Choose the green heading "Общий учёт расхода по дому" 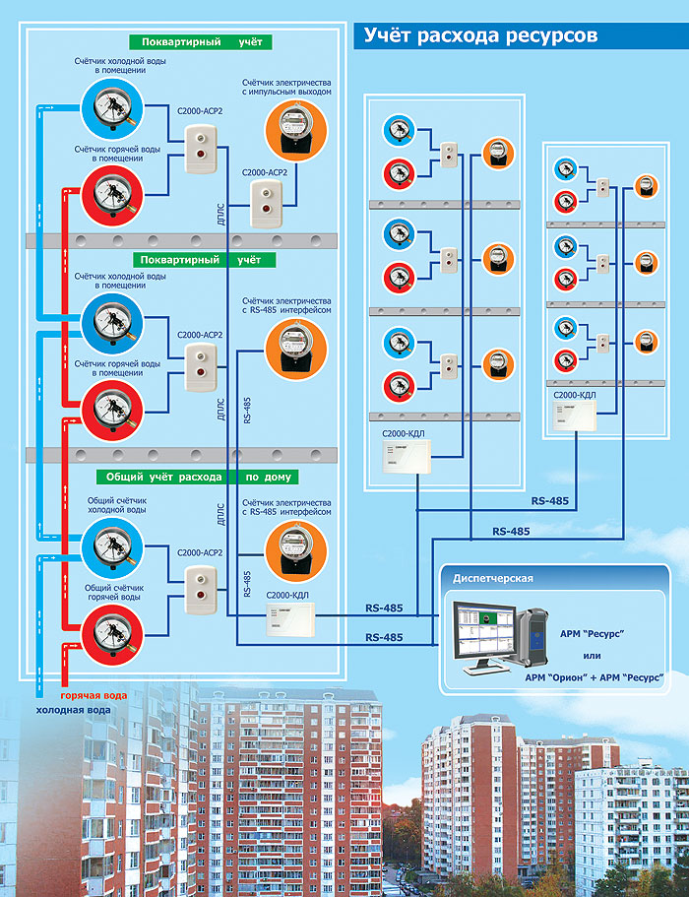coord(199,477)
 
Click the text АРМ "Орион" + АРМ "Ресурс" coord(594,676)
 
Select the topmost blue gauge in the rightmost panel coord(564,167)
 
